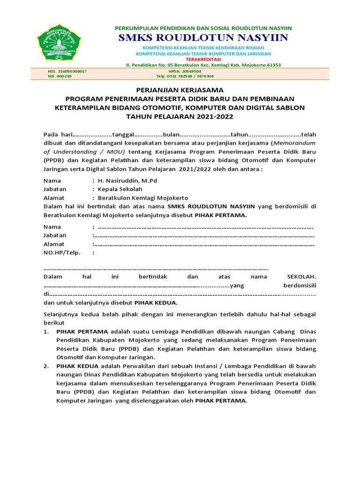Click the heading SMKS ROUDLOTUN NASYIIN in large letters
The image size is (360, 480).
click(x=203, y=37)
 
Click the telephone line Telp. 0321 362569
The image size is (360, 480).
click(x=185, y=76)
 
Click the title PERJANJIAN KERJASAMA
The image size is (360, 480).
click(x=180, y=90)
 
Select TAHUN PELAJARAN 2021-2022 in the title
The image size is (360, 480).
click(x=180, y=116)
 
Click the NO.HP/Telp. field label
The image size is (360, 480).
click(x=62, y=252)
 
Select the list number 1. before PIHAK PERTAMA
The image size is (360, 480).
click(x=46, y=331)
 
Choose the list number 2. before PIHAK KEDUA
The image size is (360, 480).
click(x=46, y=366)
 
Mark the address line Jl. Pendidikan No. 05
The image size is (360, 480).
click(x=203, y=65)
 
